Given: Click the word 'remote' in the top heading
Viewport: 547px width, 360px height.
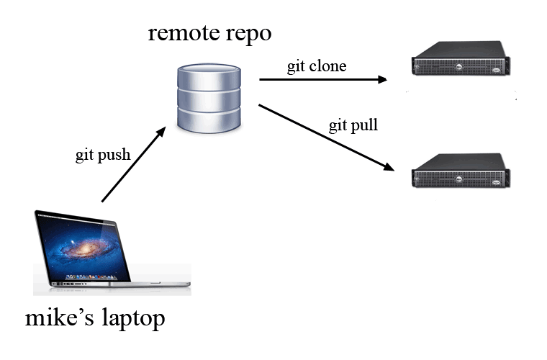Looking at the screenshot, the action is (x=184, y=34).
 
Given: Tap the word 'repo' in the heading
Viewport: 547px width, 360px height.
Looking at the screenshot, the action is (x=249, y=35).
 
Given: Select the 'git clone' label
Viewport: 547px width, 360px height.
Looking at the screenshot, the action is (x=317, y=66).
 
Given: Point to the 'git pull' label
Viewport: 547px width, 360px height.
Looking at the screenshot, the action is (x=353, y=125).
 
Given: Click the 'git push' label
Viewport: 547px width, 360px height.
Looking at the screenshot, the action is (x=103, y=155).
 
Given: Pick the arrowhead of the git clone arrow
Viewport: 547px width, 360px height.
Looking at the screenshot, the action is (x=383, y=79).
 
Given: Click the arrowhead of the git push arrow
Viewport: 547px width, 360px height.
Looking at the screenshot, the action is (x=161, y=132).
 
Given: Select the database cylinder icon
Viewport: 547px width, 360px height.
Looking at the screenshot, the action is (x=209, y=98).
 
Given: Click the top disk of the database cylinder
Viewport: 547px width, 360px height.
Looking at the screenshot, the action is (x=209, y=76).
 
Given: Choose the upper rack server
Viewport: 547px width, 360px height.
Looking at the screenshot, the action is (x=461, y=58).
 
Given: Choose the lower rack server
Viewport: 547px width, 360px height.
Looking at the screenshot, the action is (x=461, y=171).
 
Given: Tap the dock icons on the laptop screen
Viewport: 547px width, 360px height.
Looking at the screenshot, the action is (x=91, y=277).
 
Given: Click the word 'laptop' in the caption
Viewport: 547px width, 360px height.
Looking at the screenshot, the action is (x=134, y=319).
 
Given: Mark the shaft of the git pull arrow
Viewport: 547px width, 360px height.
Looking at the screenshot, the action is (x=322, y=135).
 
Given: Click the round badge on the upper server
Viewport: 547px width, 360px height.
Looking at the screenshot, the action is (x=459, y=66).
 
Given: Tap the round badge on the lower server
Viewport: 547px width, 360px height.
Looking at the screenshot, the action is (x=459, y=179).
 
